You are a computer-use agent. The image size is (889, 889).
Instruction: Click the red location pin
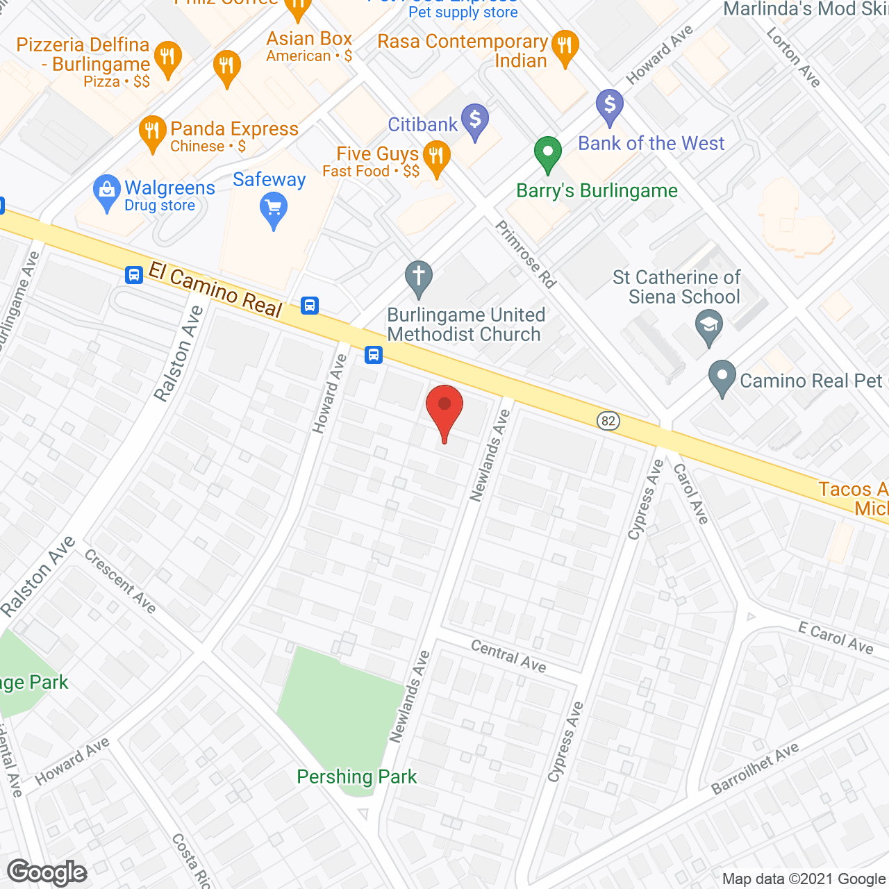tap(444, 410)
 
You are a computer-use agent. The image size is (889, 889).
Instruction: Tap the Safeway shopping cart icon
tap(274, 210)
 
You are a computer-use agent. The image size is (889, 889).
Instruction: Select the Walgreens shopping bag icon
tap(106, 192)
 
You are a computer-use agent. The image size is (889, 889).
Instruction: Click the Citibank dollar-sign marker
tap(475, 121)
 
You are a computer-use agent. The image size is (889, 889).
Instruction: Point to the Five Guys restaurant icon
tap(436, 157)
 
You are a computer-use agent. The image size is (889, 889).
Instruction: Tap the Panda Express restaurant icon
tap(152, 131)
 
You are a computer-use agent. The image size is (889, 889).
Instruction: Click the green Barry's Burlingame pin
tap(547, 153)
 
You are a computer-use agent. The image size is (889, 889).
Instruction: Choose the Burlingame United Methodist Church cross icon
tap(418, 277)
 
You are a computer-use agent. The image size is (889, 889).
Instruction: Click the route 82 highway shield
tap(608, 421)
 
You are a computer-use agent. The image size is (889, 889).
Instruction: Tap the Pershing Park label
tap(356, 776)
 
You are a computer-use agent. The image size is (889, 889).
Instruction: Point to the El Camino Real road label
tap(215, 290)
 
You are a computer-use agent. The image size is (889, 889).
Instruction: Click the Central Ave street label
tap(508, 656)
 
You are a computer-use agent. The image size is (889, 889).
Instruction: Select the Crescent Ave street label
tap(120, 581)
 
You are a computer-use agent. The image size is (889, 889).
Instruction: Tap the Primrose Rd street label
tap(526, 254)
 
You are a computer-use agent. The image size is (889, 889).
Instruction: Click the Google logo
tap(47, 872)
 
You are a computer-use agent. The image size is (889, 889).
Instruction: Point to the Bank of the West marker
tap(609, 106)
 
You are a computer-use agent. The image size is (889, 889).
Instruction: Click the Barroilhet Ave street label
tap(755, 769)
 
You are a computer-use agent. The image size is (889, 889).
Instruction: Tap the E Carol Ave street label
tap(835, 638)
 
